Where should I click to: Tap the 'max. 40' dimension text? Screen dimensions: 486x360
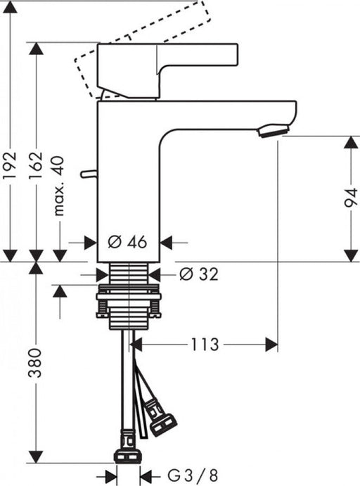click(x=60, y=186)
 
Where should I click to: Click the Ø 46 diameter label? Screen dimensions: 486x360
click(x=127, y=243)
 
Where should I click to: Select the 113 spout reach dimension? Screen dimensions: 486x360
click(x=202, y=344)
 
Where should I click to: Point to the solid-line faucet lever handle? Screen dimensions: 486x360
click(x=169, y=63)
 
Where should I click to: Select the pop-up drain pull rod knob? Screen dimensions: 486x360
click(x=86, y=173)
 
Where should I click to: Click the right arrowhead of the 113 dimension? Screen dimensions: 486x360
click(x=271, y=344)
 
